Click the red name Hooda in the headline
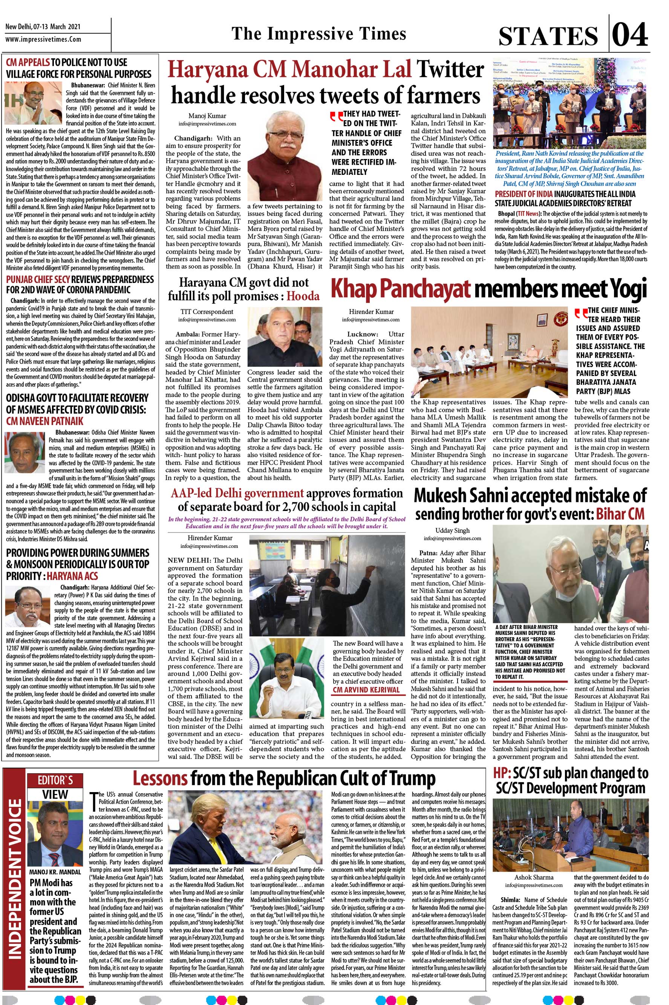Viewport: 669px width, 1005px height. click(x=303, y=296)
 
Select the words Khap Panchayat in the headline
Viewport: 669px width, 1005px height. click(x=401, y=289)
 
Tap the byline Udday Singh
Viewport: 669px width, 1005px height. click(x=452, y=530)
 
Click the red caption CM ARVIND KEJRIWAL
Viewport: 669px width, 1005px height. click(x=366, y=690)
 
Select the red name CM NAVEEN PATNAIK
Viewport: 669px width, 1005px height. click(x=44, y=421)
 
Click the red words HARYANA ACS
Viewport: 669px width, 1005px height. click(x=72, y=576)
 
